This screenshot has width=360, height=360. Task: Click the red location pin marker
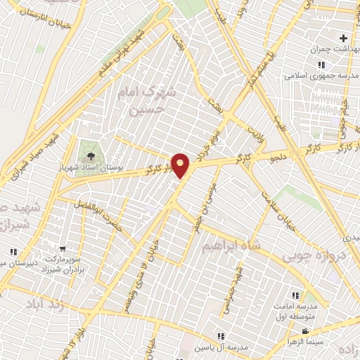[x=181, y=165]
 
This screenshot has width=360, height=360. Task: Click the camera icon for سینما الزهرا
[x=304, y=331]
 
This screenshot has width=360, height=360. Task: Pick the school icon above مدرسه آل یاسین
[x=221, y=336]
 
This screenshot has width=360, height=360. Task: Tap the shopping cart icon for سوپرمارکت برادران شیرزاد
[x=63, y=248]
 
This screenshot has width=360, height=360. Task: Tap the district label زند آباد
[x=39, y=306]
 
